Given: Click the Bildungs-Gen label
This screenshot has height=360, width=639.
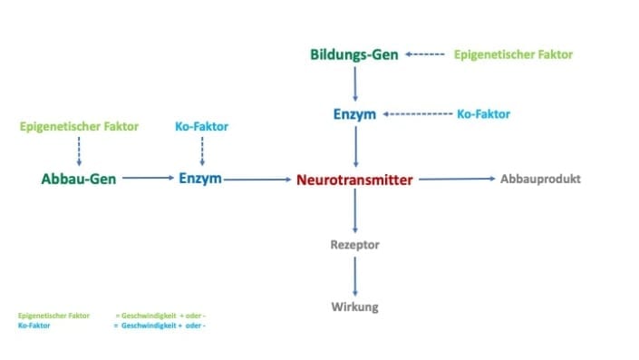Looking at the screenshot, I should point(353,55).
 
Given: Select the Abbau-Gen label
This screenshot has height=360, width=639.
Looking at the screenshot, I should point(78,180).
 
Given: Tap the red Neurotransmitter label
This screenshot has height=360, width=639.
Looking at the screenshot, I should point(354,180).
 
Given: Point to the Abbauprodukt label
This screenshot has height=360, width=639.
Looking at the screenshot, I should point(540,179).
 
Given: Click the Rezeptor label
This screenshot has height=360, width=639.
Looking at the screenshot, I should point(354,245).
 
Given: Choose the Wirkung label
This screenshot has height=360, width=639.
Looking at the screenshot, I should point(354,306).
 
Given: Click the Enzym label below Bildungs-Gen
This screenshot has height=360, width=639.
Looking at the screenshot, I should point(354,114).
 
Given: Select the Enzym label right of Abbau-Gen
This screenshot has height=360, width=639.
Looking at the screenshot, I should point(200,179).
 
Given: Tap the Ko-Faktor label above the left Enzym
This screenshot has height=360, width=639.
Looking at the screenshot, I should point(201,126).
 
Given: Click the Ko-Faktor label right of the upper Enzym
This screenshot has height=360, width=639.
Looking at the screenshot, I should point(483,114).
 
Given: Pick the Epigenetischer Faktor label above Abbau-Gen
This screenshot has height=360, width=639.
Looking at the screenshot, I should point(78,126).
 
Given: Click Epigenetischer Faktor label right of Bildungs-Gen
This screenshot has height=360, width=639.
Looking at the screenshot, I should point(513,54).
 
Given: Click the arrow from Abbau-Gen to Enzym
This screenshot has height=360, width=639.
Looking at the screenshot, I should point(147,180).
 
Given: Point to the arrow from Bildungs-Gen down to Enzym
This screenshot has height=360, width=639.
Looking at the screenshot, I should point(354,83).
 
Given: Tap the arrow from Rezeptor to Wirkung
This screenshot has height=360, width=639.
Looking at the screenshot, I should point(354,276).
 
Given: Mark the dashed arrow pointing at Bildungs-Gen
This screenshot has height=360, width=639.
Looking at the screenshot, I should point(424,55).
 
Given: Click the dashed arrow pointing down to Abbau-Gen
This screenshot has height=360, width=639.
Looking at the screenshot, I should point(79,151).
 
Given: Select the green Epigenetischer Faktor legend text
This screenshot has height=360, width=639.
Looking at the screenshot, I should point(53,316).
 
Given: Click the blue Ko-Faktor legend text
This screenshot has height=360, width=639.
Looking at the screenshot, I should point(34,326).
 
